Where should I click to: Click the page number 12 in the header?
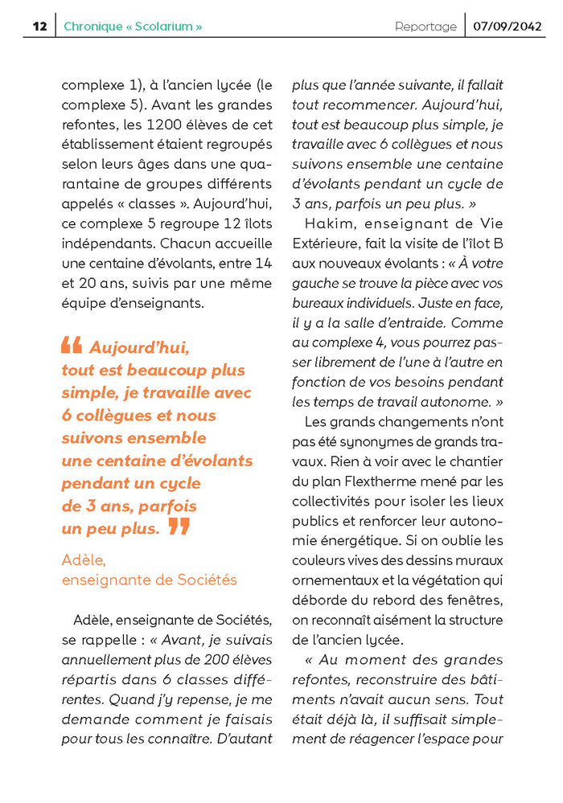coord(39,27)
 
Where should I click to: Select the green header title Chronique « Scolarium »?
coord(133,27)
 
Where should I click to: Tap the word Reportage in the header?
coord(425,27)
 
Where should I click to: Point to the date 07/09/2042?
coord(508,27)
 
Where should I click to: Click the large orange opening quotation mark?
coord(72,346)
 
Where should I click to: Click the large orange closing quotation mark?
coord(179,527)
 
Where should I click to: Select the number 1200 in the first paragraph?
coord(164,125)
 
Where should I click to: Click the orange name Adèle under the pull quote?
coord(84,559)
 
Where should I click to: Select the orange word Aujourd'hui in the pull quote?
coord(139,348)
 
